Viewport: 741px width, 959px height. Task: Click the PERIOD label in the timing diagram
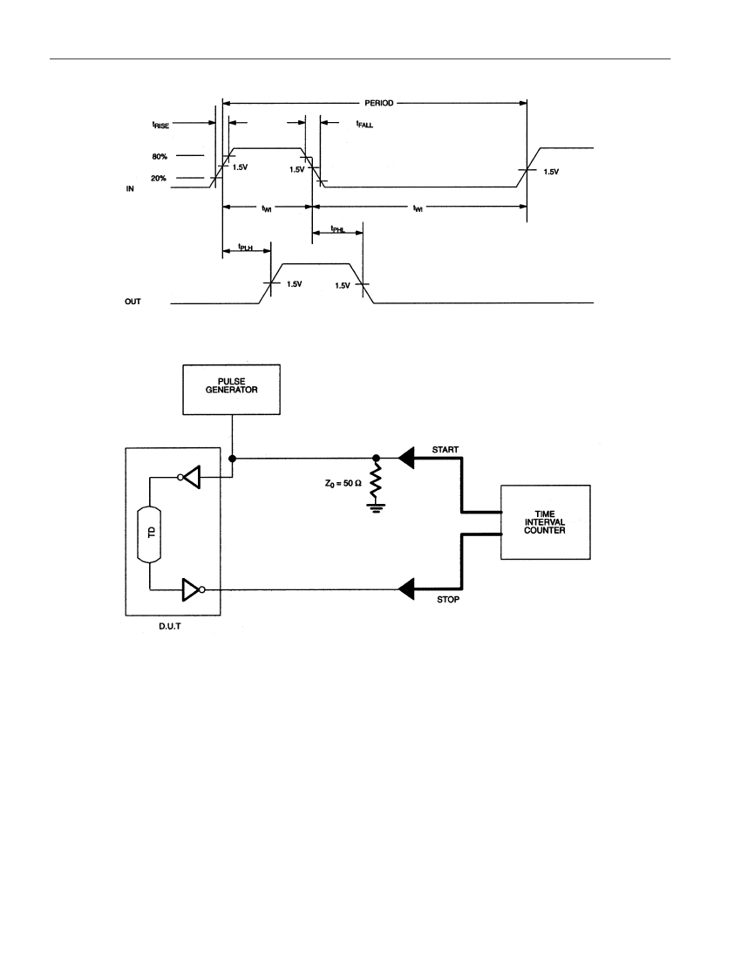tap(379, 103)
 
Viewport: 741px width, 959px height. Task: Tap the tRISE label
tap(160, 125)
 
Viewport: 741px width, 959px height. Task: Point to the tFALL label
tap(364, 124)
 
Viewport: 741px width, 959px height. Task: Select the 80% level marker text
tap(160, 157)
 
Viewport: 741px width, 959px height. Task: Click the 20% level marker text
tap(159, 179)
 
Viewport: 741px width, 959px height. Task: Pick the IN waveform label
tap(130, 189)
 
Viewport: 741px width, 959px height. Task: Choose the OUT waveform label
tap(133, 302)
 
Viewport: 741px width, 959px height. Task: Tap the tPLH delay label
tap(245, 248)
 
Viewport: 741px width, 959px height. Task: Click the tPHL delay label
tap(338, 229)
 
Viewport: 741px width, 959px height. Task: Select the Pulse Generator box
tap(232, 390)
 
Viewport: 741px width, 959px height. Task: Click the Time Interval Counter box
tap(546, 522)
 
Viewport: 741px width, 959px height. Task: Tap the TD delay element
tap(151, 534)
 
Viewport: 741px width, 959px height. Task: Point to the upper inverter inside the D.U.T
tap(189, 477)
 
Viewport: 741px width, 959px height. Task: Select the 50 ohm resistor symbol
tap(376, 480)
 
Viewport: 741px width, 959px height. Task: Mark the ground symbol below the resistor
tap(376, 507)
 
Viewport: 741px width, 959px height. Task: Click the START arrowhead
tap(405, 458)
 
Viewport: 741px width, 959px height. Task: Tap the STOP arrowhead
tap(405, 589)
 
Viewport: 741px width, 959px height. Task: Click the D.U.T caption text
tap(169, 627)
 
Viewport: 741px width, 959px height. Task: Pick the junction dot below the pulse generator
tap(232, 458)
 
